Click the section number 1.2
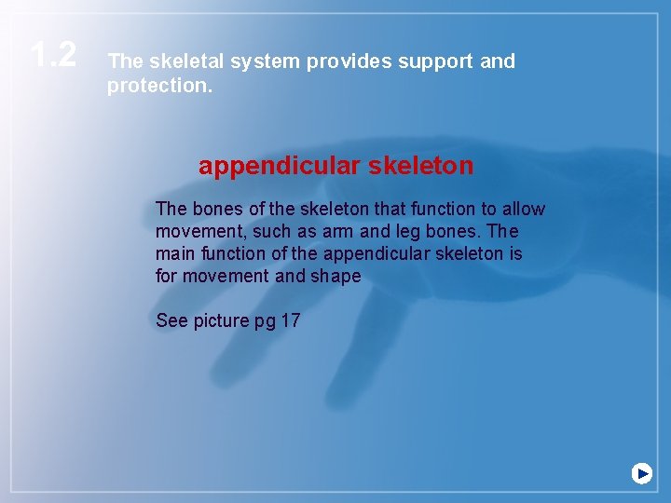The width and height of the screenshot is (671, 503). (53, 55)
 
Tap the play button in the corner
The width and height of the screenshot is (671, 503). (641, 473)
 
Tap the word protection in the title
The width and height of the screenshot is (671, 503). (158, 86)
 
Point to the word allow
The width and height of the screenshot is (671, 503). (524, 209)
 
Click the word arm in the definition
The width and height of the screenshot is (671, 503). (340, 231)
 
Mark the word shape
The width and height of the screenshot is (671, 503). (335, 276)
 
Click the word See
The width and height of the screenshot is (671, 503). (172, 320)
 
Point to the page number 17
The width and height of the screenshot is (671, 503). (290, 320)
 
